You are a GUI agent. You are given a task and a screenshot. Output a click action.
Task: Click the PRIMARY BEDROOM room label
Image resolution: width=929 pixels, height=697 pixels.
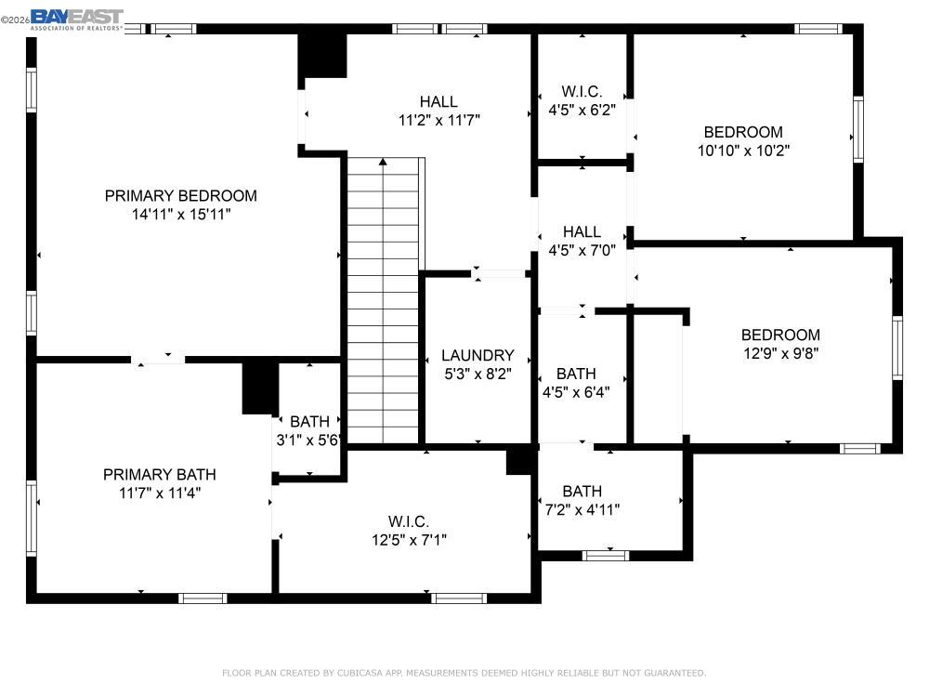180,196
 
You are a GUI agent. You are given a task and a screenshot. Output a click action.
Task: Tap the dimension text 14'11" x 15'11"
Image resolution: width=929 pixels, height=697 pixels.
180,214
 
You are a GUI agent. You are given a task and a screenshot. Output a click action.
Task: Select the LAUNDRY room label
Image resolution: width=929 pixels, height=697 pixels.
478,355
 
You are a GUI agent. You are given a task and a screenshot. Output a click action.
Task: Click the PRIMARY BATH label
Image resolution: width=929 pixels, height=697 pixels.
159,475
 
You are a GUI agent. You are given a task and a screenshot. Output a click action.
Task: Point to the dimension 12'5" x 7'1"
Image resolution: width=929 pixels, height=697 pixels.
410,539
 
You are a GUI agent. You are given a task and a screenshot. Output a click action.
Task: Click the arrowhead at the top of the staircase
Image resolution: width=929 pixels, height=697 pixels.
383,164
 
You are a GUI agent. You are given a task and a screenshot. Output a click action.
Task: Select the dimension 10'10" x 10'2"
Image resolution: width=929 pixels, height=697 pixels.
743,150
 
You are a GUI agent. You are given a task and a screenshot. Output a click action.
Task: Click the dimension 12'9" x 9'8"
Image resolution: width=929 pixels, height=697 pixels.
780,352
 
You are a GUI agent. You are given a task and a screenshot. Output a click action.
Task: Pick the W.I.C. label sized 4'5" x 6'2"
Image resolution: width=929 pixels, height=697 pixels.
582,92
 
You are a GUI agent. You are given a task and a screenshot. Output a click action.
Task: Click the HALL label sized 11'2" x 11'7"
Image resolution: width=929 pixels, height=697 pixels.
438,102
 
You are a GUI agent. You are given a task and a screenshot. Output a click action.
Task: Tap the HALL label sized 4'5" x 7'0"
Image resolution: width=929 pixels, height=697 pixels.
582,231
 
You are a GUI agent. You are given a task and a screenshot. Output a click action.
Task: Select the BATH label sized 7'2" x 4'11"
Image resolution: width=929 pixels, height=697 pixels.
582,491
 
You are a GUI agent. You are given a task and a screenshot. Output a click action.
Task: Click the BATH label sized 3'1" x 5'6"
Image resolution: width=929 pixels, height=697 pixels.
309,422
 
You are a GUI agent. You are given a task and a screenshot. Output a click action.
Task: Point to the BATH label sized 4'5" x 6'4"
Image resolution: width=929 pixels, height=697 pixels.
576,374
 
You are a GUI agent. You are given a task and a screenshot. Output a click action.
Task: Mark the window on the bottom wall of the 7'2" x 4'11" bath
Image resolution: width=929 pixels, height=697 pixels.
605,556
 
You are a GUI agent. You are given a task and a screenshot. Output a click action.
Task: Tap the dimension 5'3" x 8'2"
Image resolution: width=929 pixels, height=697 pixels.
478,374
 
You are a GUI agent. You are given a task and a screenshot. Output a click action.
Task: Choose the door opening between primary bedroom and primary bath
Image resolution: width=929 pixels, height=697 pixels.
157,359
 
